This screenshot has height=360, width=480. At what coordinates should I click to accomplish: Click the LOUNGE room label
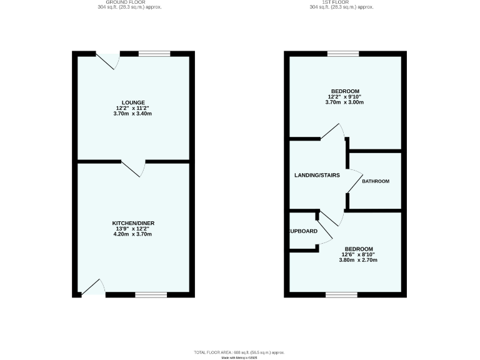click(x=133, y=102)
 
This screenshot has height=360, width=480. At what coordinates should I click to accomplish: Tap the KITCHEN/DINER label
click(x=133, y=223)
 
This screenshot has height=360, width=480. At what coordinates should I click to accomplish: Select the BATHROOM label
click(x=376, y=181)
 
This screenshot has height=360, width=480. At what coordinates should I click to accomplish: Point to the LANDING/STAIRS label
click(x=317, y=175)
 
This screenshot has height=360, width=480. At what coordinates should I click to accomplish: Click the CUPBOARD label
click(x=303, y=231)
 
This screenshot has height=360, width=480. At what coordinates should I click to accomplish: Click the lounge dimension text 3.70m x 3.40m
click(x=133, y=114)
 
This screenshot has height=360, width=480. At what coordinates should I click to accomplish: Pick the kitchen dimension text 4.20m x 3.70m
click(x=133, y=234)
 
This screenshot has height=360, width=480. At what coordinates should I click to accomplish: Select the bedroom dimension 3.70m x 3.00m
click(x=344, y=102)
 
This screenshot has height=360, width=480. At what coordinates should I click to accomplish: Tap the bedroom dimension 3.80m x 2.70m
click(x=359, y=260)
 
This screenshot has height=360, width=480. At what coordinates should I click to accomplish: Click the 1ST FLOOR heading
click(x=342, y=2)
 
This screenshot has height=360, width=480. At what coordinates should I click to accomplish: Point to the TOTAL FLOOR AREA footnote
click(x=239, y=352)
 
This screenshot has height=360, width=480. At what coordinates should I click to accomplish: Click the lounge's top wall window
click(x=154, y=54)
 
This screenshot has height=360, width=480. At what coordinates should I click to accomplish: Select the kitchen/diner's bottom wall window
click(x=151, y=294)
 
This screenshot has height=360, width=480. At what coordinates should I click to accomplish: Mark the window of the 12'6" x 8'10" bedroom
click(x=341, y=294)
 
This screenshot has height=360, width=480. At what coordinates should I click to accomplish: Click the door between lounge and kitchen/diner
click(x=134, y=168)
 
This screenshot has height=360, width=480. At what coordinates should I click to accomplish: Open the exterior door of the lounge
click(x=107, y=60)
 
